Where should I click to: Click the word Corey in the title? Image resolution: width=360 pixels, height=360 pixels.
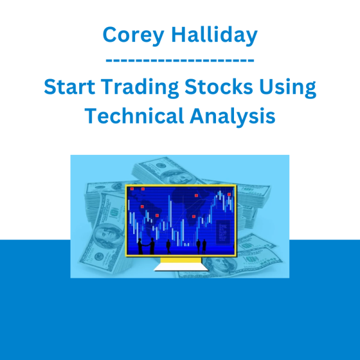tap(133, 35)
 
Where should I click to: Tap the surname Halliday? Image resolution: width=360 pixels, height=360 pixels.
tap(214, 34)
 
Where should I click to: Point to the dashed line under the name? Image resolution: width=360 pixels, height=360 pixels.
tap(180, 61)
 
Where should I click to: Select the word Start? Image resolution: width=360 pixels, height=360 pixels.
tap(70, 86)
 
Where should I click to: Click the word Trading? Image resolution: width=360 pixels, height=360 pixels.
tap(140, 88)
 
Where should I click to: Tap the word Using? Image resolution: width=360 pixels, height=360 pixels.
tap(287, 88)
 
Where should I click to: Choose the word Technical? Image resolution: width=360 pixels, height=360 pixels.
tap(134, 115)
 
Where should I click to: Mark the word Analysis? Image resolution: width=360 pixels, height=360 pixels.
tap(232, 116)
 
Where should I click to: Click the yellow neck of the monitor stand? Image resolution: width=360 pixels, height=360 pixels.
tap(181, 260)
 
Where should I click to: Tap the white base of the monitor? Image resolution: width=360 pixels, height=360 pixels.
tap(181, 267)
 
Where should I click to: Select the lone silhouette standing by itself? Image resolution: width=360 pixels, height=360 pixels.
tap(168, 247)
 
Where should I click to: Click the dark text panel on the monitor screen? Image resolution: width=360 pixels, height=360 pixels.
tap(223, 232)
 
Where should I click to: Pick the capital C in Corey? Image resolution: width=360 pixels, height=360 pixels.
tap(110, 34)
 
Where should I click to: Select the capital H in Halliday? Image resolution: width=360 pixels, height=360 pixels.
tap(179, 34)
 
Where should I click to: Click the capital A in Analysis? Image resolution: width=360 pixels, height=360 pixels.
tap(197, 115)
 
